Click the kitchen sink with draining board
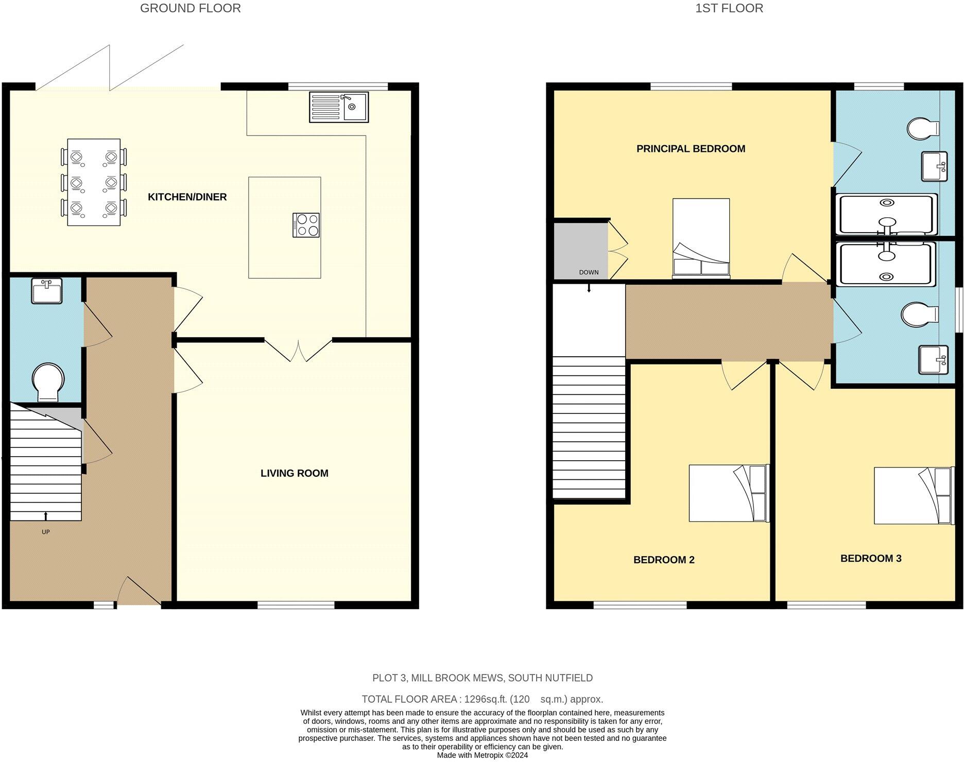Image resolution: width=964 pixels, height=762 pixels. point(339,107)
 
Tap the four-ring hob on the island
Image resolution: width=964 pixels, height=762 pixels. point(306,225)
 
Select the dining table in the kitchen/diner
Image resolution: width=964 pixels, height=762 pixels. point(94,182)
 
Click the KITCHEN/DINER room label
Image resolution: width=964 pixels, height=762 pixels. point(187,197)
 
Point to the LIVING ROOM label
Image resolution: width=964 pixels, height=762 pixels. point(294,473)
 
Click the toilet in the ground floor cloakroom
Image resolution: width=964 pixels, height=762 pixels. point(48,382)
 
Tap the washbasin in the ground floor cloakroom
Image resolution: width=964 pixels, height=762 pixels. point(46,291)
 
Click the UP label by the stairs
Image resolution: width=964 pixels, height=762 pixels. point(46,532)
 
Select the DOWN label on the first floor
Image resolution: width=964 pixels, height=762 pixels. point(589,272)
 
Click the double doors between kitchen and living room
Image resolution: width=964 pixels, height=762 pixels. point(298,350)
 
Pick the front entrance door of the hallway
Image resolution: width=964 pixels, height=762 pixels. point(139,592)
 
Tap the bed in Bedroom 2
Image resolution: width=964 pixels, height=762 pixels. point(728,493)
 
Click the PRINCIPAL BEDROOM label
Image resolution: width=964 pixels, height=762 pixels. point(691,149)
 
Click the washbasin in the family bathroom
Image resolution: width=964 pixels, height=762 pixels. point(933,359)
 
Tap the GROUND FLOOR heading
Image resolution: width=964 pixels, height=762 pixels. point(190,8)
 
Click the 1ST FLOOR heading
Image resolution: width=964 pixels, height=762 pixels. point(729,8)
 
